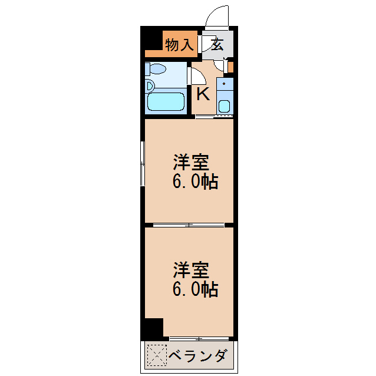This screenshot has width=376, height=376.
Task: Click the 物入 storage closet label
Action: (x=179, y=45)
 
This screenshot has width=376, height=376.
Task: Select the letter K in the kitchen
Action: (x=202, y=94)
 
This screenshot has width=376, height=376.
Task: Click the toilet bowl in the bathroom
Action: (x=157, y=69)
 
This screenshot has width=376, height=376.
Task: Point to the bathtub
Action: (x=166, y=101)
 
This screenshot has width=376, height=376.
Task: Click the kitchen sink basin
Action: (x=224, y=107)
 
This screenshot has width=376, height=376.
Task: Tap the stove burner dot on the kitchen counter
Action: (x=224, y=84)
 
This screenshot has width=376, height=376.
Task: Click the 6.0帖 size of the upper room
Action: (x=195, y=182)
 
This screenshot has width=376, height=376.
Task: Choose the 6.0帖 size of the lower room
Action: (x=195, y=289)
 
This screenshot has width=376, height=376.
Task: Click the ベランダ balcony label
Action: (x=197, y=356)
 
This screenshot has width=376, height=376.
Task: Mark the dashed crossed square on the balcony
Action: (x=156, y=355)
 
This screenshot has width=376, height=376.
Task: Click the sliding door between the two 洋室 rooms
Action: (x=189, y=225)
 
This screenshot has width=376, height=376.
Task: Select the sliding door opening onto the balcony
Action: (x=199, y=338)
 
